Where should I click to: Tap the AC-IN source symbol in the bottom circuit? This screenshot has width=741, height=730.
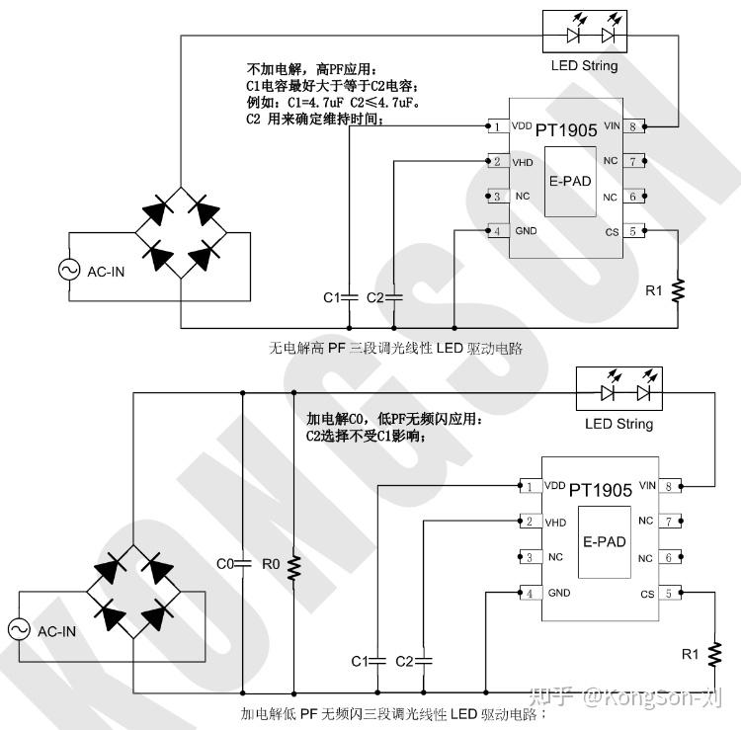point(19,629)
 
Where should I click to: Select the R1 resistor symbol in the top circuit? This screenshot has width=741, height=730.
point(678,289)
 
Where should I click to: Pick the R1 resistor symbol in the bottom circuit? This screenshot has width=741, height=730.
point(714,652)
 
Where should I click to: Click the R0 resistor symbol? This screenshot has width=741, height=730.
point(293,565)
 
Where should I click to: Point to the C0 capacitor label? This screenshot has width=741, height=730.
point(224,564)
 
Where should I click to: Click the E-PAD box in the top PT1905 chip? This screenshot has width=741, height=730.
point(570,182)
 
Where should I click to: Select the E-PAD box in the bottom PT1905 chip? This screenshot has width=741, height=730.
point(604,541)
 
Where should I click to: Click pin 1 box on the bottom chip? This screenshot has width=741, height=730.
point(530,487)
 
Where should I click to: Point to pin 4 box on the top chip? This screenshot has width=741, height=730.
point(496,231)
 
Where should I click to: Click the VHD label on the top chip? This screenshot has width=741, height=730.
point(523,161)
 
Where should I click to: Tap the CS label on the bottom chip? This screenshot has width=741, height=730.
point(647,594)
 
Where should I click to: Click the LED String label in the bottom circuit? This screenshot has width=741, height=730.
point(618,424)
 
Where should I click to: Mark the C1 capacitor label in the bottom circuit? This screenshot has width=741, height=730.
point(360,660)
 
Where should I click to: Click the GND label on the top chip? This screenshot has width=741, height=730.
point(526,231)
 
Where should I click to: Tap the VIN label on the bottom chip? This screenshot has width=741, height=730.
point(647,486)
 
